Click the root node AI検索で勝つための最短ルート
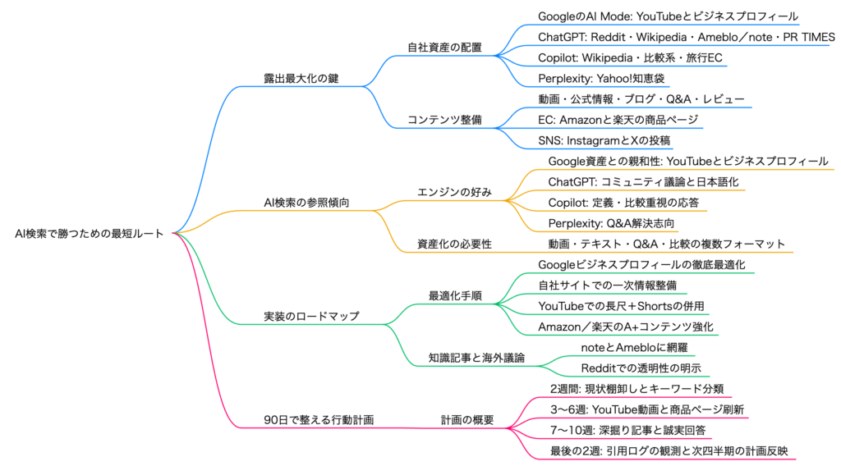[89, 233]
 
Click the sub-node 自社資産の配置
[444, 47]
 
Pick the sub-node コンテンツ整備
[444, 120]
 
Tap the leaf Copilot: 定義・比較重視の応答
[623, 202]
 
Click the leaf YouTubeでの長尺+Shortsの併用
[621, 306]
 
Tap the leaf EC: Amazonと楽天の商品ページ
[618, 120]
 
